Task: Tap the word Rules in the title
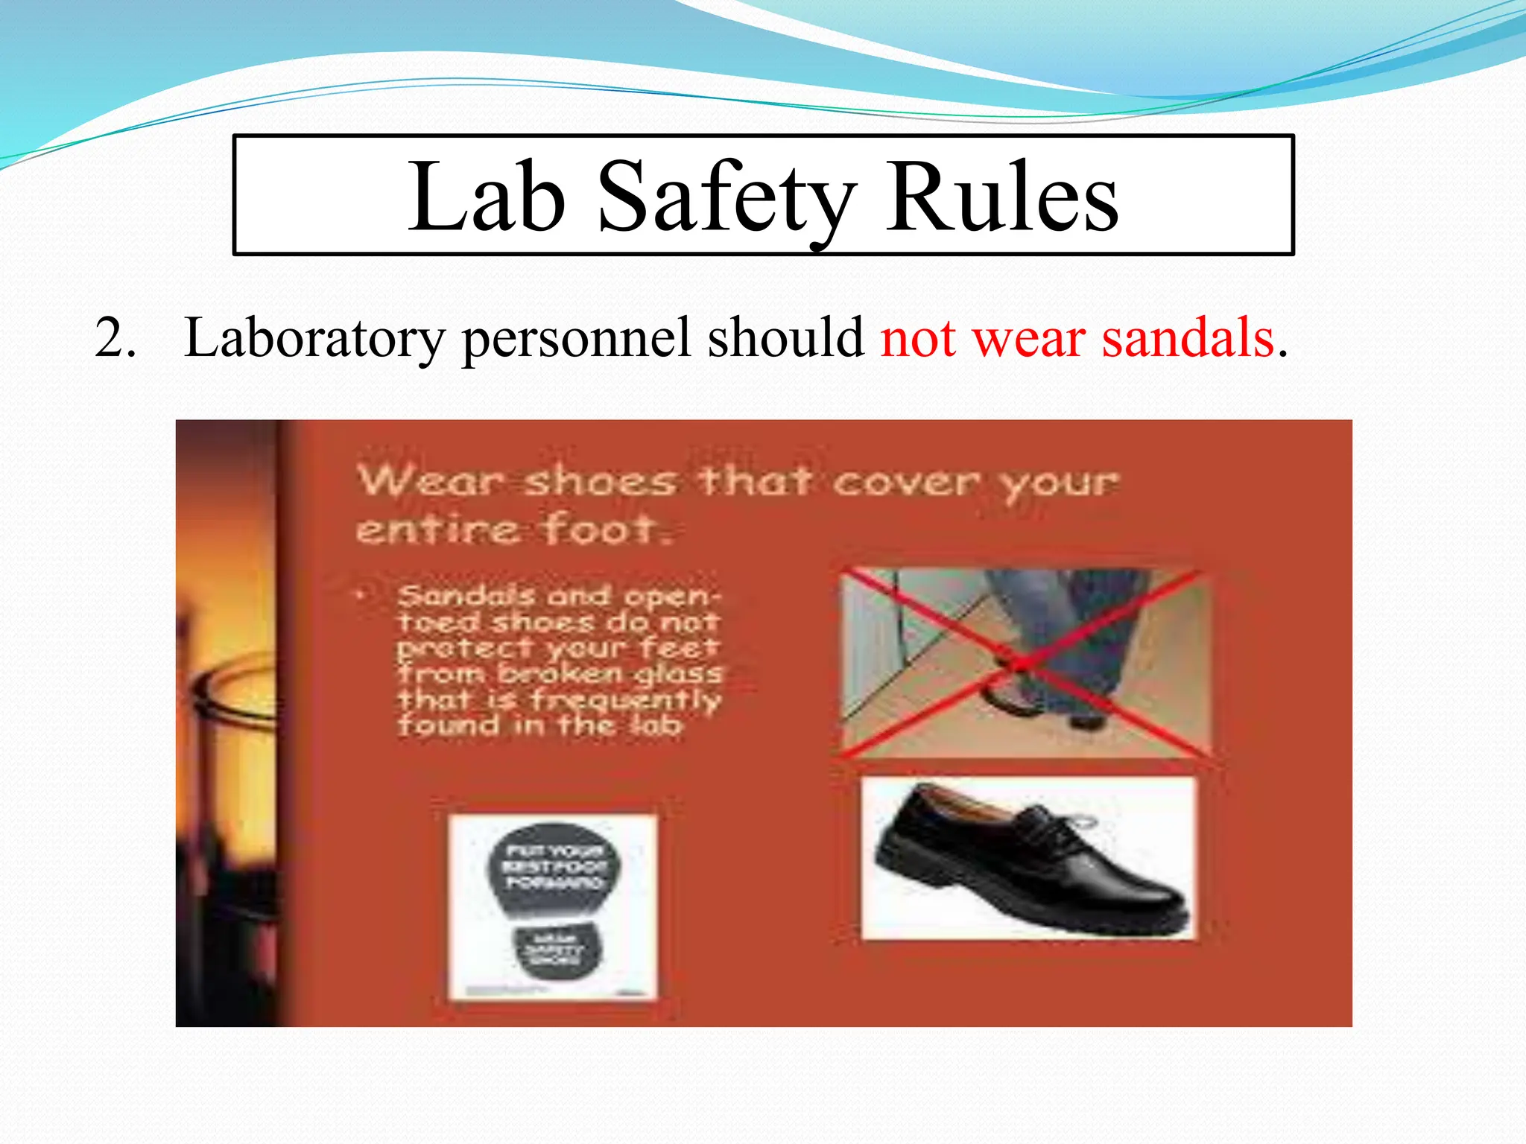point(1002,197)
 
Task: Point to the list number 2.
point(115,339)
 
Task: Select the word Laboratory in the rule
point(314,339)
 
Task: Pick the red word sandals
point(1188,339)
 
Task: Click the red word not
point(918,339)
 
